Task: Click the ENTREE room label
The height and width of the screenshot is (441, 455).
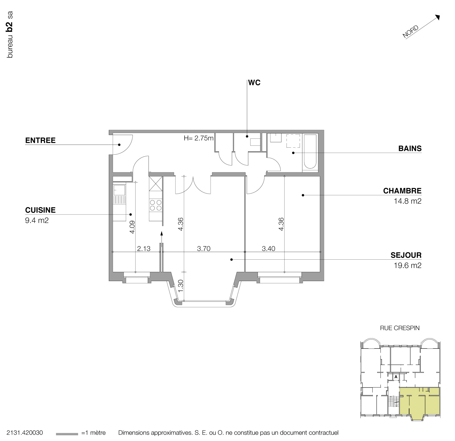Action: click(40, 140)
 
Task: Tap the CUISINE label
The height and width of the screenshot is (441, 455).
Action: click(40, 210)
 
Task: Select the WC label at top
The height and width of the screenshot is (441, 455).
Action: click(254, 83)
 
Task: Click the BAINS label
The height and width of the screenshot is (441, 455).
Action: click(410, 148)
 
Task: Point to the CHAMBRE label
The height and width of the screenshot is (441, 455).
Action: click(402, 191)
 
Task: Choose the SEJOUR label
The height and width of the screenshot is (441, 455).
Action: click(406, 255)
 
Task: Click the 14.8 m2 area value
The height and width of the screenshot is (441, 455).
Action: click(407, 201)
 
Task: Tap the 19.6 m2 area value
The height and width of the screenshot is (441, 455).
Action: click(407, 265)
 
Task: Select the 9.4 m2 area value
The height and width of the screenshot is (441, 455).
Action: click(37, 221)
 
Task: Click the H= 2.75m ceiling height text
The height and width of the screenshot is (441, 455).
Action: click(199, 138)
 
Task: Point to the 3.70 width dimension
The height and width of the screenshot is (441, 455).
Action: click(204, 248)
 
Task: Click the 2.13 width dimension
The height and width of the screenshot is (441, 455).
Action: click(144, 248)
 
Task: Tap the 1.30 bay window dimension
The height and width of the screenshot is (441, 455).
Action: click(180, 286)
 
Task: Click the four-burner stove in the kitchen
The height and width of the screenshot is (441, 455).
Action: click(156, 205)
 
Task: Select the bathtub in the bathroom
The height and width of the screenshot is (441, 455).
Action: click(310, 152)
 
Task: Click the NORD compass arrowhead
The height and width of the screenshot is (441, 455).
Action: click(438, 17)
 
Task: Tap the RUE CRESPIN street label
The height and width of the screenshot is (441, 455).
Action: click(399, 328)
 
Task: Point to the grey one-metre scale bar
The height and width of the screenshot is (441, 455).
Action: click(67, 434)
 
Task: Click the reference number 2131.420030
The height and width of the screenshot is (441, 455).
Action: click(25, 433)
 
